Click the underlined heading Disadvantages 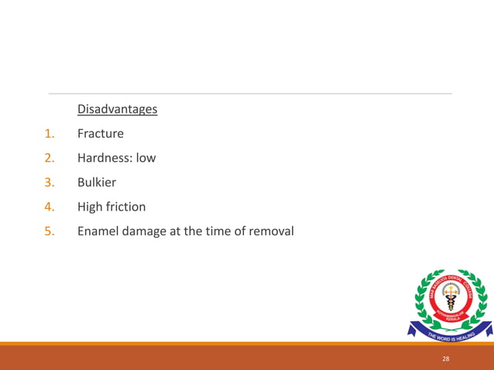coord(117,109)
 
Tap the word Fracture coord(100,133)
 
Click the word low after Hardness coord(146,158)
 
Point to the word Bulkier coord(97,183)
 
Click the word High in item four coord(91,207)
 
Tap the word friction coord(126,207)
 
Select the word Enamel coord(98,231)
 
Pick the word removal coord(271,231)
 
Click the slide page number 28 coord(445,359)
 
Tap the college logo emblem coord(448,302)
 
